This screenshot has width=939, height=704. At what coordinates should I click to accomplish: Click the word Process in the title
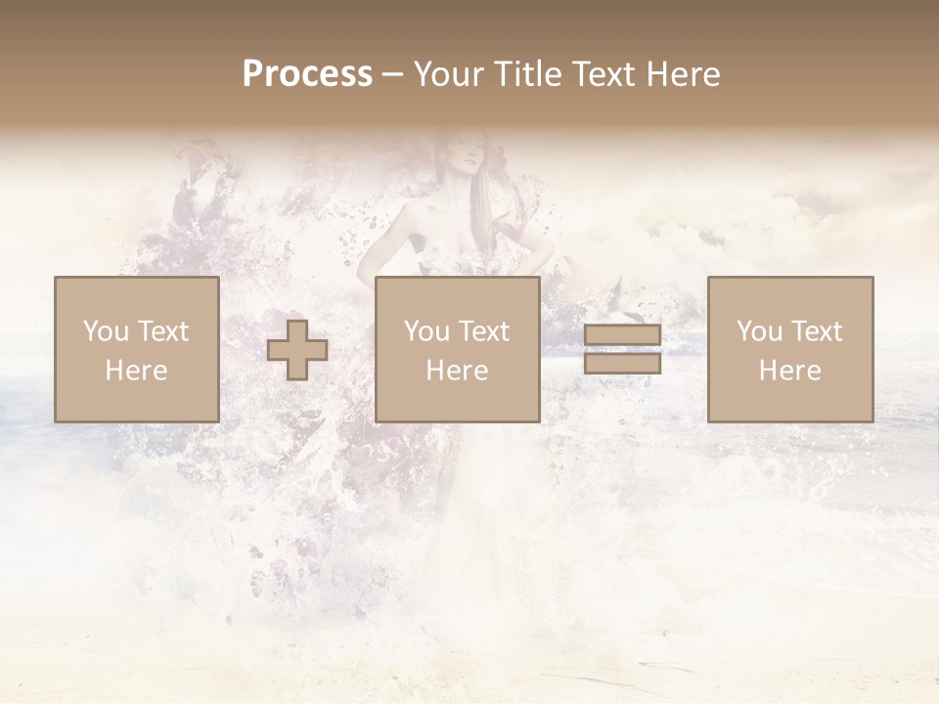[307, 74]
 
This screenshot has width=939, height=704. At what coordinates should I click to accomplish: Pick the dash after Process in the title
[393, 75]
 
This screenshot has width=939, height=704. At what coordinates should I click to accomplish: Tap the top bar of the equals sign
[622, 335]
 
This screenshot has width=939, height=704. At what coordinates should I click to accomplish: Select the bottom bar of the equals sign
[622, 364]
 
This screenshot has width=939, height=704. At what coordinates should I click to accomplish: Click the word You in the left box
[105, 331]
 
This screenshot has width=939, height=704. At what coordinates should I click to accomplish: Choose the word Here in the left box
[136, 371]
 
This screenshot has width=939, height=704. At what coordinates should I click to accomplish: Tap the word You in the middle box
[426, 331]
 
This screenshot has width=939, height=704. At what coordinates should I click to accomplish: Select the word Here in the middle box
[457, 371]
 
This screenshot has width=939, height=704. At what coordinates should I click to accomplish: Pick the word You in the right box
[759, 331]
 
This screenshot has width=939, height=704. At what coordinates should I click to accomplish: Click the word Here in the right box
[789, 371]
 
